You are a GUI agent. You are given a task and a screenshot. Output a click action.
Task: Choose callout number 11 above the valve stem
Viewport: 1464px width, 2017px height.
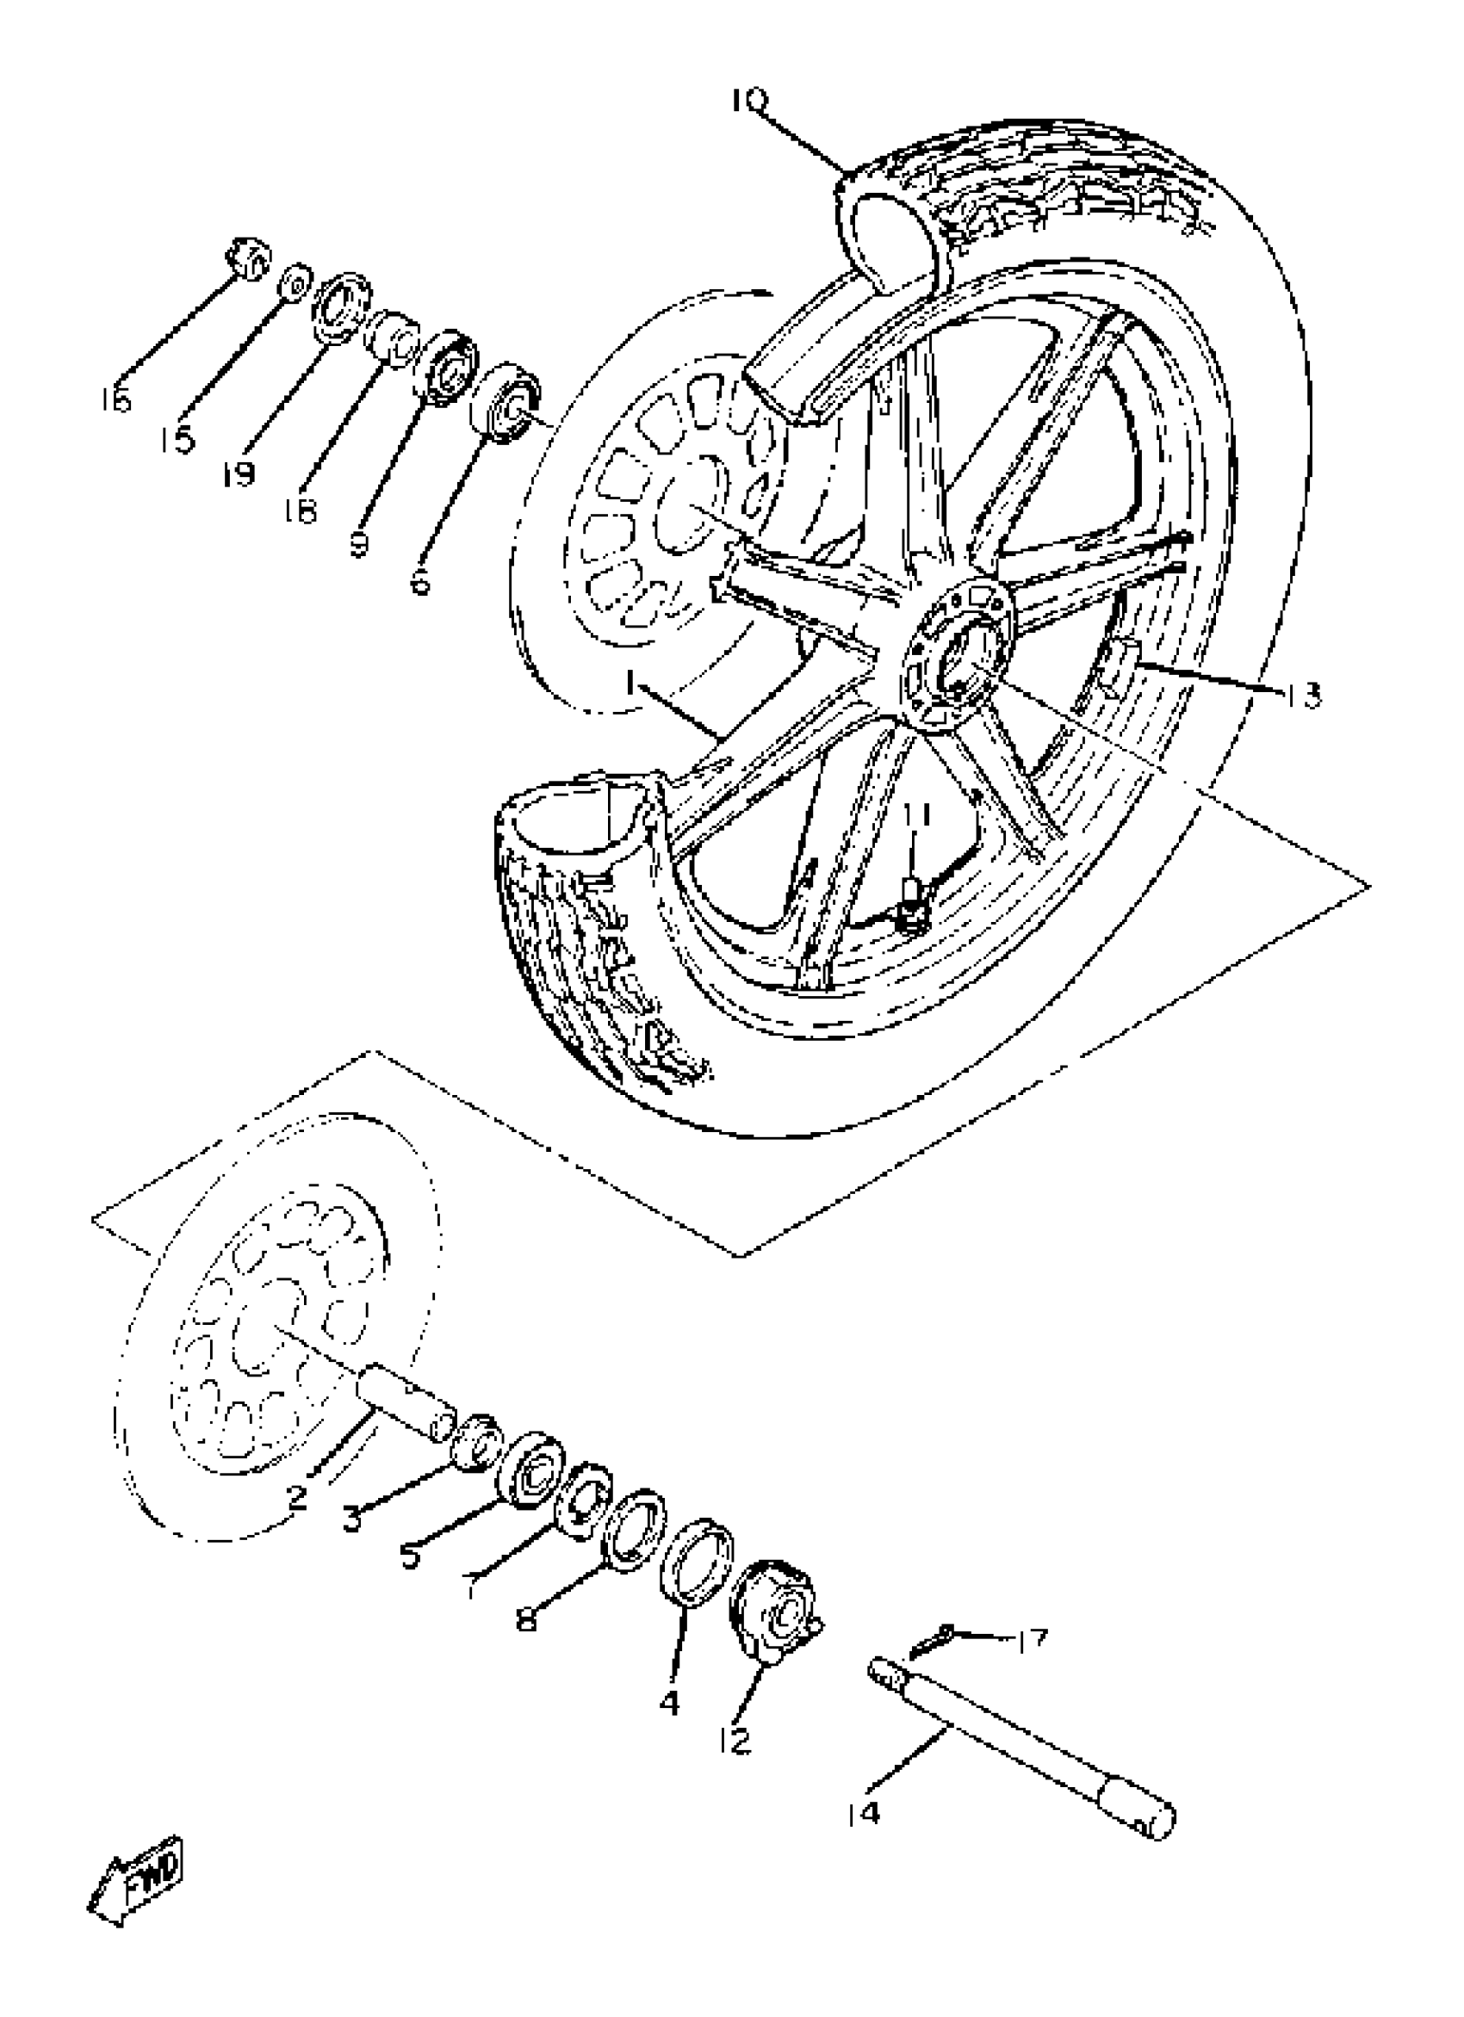pyautogui.click(x=918, y=814)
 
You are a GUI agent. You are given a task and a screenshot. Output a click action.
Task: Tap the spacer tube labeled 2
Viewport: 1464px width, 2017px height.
pyautogui.click(x=407, y=1408)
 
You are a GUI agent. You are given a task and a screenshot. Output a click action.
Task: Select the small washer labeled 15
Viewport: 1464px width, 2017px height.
pyautogui.click(x=295, y=283)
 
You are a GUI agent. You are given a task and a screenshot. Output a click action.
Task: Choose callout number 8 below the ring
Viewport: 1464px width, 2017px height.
pyautogui.click(x=526, y=1619)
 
